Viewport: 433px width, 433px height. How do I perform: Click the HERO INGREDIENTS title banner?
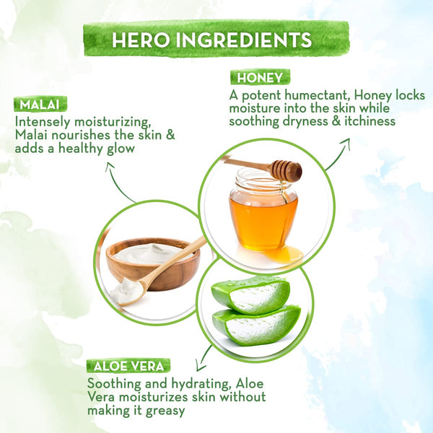pos(216,39)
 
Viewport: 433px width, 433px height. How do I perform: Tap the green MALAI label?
pos(40,104)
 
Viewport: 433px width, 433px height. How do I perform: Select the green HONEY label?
pos(260,77)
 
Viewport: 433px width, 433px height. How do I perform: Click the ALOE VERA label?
pos(128,366)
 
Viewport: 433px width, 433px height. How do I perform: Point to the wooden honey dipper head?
pos(287,171)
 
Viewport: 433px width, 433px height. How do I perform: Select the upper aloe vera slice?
pos(250,295)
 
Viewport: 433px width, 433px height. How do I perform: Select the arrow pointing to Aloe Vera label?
pos(204,358)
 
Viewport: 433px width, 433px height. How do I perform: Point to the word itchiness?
pos(369,121)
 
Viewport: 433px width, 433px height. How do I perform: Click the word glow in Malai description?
pos(121,149)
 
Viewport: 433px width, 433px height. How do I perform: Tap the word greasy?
pos(165,411)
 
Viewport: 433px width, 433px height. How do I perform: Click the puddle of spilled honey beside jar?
pos(284,254)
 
